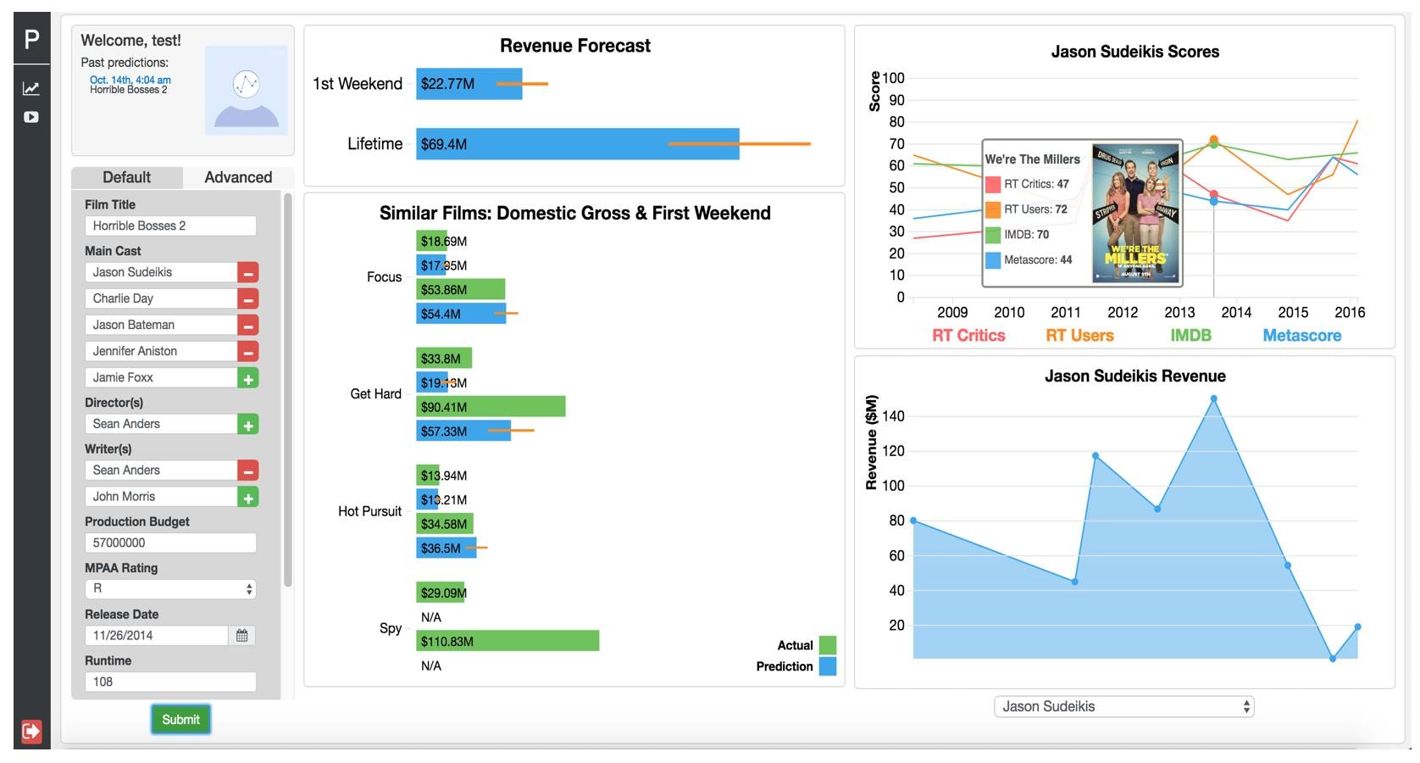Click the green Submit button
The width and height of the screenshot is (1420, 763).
(x=180, y=720)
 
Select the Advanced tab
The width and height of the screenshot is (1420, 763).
(x=238, y=177)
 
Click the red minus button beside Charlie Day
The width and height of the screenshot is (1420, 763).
(x=248, y=299)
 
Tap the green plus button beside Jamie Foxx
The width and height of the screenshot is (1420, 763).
(x=248, y=378)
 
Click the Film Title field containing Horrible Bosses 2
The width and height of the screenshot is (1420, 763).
(x=170, y=226)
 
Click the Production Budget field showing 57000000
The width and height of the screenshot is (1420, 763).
(x=170, y=543)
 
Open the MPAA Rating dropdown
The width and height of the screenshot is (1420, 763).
(x=170, y=588)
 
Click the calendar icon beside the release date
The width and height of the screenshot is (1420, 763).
(x=242, y=635)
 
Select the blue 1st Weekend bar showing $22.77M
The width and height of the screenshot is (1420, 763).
(x=469, y=84)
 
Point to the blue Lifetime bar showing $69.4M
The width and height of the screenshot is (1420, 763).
(x=577, y=144)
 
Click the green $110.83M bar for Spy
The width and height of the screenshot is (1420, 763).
(x=508, y=641)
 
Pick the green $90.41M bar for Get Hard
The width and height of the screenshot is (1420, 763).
(x=491, y=407)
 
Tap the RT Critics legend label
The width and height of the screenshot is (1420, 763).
(x=968, y=336)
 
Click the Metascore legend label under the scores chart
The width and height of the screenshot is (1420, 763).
(x=1301, y=336)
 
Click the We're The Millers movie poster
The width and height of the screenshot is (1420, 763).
(x=1135, y=214)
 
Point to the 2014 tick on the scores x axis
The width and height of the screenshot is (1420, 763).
(x=1236, y=312)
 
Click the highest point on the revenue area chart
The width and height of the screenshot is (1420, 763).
(x=1214, y=398)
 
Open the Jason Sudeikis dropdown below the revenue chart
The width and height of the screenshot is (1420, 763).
(x=1123, y=706)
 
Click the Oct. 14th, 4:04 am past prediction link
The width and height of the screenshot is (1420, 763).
(x=130, y=80)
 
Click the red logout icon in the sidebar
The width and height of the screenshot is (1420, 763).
(x=31, y=731)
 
